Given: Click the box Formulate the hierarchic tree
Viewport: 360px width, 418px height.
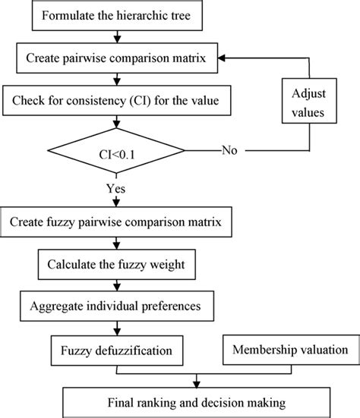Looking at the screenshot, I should click(115, 14).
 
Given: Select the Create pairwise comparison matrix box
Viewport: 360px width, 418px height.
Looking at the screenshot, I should click(115, 57).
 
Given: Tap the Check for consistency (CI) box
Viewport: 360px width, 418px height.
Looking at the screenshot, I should click(115, 98).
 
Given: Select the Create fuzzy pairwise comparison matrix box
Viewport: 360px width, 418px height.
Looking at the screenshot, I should click(115, 225).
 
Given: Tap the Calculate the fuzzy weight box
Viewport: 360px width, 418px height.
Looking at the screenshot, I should click(115, 266).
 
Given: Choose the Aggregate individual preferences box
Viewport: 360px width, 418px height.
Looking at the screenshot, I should click(115, 307).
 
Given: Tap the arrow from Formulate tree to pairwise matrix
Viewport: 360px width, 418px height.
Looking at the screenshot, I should click(115, 36).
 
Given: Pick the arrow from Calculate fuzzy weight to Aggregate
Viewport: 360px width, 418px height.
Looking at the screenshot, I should click(115, 287).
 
